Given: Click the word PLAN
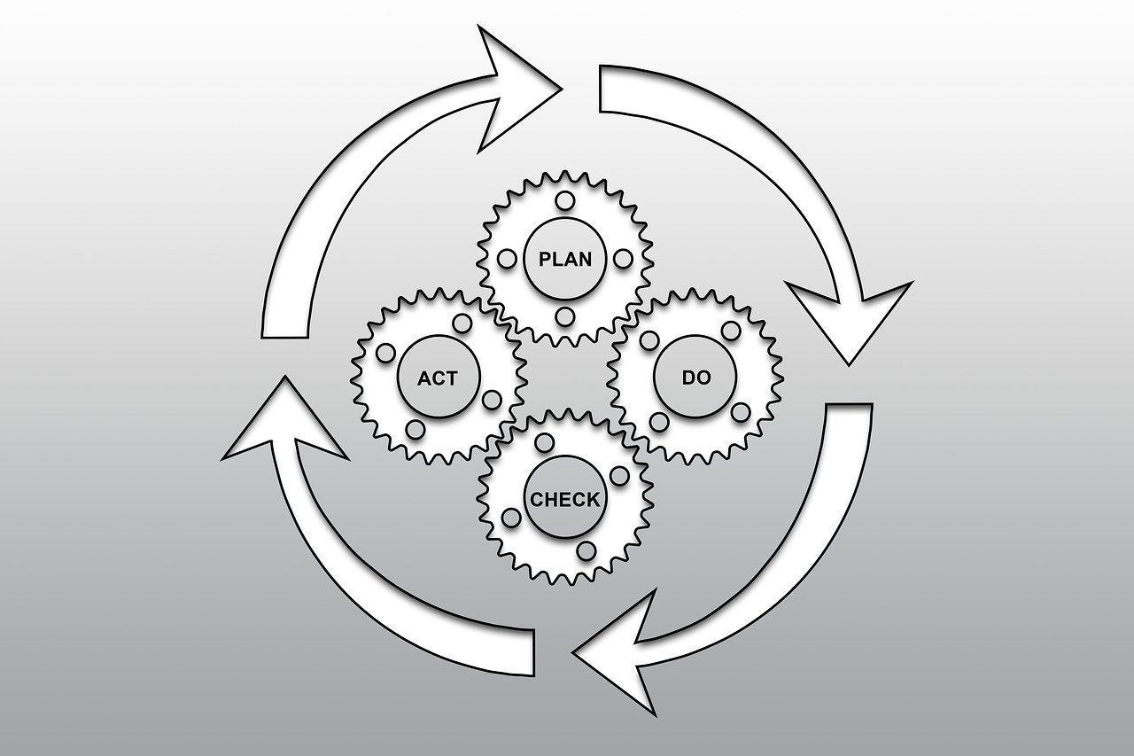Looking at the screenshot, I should pos(564,260).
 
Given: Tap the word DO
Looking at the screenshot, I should pos(695,378).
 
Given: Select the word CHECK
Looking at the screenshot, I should pos(565,499).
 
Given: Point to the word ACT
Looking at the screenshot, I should pos(438,378).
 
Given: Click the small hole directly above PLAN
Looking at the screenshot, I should pos(564,201).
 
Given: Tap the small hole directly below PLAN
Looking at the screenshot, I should pos(564,317).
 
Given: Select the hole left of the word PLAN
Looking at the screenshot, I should pos(508,259).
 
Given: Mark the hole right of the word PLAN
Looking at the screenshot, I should pos(623,259).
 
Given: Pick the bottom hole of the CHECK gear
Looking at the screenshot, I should pos(586,551).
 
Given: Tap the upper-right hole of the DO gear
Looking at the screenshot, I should pos(731,331).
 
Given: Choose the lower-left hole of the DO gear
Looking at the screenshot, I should pos(659,421).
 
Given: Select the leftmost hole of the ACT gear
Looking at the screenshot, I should pos(385,353).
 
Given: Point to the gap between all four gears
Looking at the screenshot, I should pos(564,378).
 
